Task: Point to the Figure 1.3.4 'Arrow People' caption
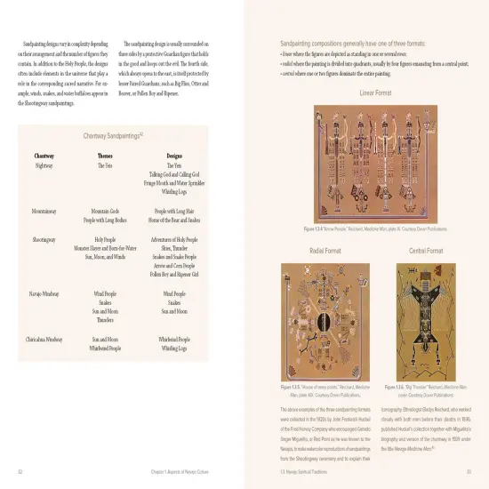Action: pyautogui.click(x=375, y=229)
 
